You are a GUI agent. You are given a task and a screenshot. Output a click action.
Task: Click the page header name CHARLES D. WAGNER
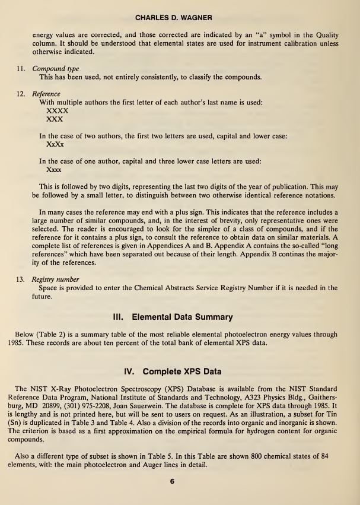pyautogui.click(x=180, y=9)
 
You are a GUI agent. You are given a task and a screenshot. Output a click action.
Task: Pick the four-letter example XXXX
pyautogui.click(x=57, y=110)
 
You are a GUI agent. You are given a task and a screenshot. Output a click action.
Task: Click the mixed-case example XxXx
pyautogui.click(x=55, y=144)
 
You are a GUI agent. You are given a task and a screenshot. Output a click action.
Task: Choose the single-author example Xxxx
pyautogui.click(x=55, y=169)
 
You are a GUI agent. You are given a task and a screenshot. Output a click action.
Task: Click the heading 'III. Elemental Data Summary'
pyautogui.click(x=180, y=316)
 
